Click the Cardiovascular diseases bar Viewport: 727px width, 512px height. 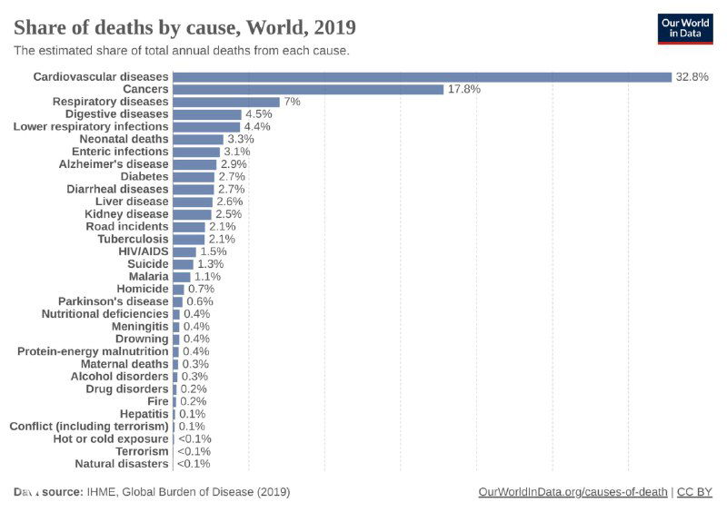point(422,77)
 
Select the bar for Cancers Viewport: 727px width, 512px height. point(308,89)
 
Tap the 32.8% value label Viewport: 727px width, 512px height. point(692,77)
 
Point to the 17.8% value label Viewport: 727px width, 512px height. point(463,89)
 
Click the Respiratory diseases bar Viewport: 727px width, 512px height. point(226,102)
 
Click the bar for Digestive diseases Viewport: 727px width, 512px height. point(207,114)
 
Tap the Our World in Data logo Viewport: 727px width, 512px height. point(685,28)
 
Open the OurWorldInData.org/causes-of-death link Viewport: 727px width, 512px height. point(573,492)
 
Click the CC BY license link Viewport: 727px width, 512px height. point(694,492)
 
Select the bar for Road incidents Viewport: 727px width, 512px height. point(189,226)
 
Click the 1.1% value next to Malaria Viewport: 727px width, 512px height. point(207,276)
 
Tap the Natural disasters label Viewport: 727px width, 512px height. point(122,463)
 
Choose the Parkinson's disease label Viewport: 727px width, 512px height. point(114,301)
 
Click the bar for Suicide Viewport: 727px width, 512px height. point(183,263)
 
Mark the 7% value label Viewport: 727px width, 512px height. point(292,102)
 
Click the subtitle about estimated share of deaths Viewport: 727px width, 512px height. point(181,51)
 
